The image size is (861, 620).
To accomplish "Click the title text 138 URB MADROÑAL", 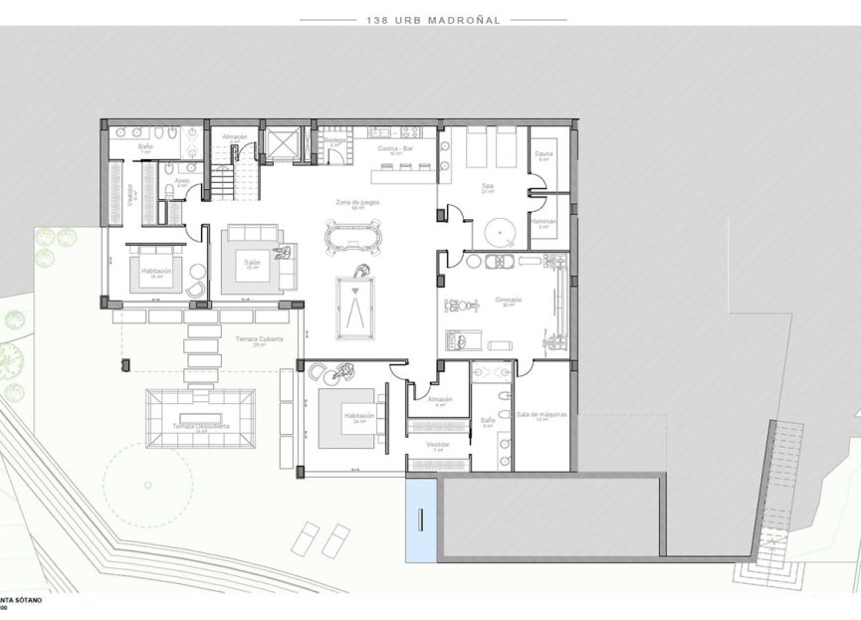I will (432, 19).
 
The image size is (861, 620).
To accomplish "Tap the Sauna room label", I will (543, 155).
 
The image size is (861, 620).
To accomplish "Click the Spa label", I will (488, 186).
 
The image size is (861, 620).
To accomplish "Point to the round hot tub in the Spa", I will (498, 233).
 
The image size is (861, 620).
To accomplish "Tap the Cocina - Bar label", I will (395, 148).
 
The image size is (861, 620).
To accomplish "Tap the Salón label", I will (253, 263).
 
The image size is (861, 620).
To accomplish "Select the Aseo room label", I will (182, 180).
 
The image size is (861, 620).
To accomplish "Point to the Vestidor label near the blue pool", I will (438, 445).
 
